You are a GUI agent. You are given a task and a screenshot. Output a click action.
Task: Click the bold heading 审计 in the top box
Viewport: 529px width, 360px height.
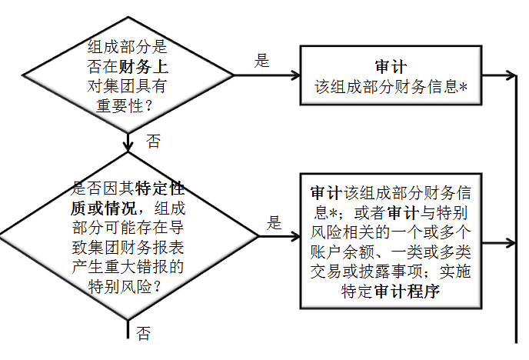click(391, 67)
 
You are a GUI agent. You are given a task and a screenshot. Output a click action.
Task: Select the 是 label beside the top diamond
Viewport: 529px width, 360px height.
click(262, 61)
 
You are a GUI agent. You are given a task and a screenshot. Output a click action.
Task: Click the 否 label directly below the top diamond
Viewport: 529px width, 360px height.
click(154, 140)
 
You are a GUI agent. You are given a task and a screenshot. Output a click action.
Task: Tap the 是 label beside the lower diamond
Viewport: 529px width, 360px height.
click(274, 224)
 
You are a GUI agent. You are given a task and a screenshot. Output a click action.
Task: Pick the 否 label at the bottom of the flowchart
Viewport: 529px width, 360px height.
click(143, 333)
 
